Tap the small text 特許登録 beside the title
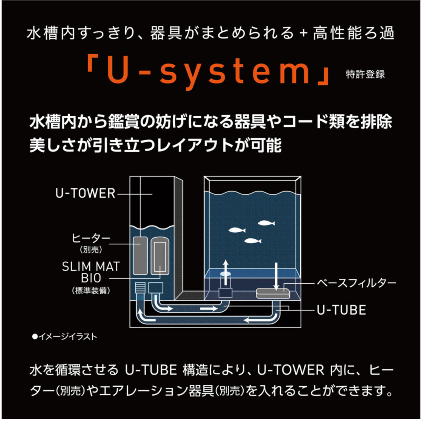point(365,74)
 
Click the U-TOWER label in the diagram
point(85,193)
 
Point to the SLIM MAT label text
point(91,267)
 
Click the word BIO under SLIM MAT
point(90,278)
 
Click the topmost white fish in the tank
point(266,223)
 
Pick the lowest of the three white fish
point(253,241)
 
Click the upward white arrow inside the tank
point(225,269)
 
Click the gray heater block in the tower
point(140,255)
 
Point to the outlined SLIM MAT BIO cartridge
point(159,255)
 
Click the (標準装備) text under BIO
point(90,290)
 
